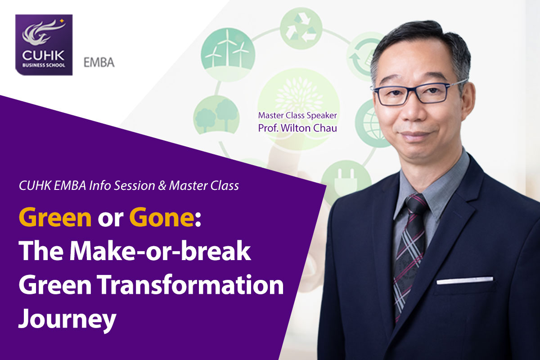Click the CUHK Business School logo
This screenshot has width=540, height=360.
pos(44,45)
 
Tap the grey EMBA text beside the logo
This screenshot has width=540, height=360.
pos(99,63)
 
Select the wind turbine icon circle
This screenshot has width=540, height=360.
pos(228,55)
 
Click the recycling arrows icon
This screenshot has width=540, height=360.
pos(301,28)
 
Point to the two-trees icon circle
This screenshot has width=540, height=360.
pos(216,115)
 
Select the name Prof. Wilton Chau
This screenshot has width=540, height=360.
pos(297,128)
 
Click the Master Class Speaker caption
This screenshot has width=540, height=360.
pos(297,116)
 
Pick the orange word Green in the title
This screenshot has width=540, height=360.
pos(55,217)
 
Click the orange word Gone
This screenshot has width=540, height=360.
pos(162,217)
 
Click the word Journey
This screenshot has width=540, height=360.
pos(67,319)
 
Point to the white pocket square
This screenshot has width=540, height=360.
pos(465,280)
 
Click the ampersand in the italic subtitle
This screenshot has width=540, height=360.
pos(162,186)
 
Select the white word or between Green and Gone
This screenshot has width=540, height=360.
pos(110,220)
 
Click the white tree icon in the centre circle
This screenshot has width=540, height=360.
pos(299,94)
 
